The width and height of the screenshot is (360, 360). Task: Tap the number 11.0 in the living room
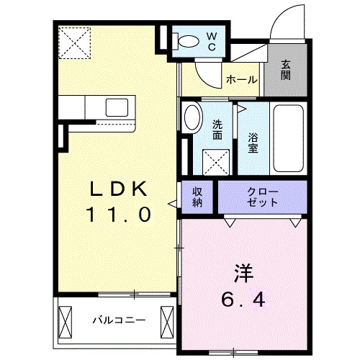119,214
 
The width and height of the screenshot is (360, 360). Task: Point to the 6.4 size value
243,297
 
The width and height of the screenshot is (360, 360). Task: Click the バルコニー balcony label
119,319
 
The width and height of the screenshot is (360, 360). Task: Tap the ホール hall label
241,79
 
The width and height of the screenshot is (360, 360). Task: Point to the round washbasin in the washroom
192,117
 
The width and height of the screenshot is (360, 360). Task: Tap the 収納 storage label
197,197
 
